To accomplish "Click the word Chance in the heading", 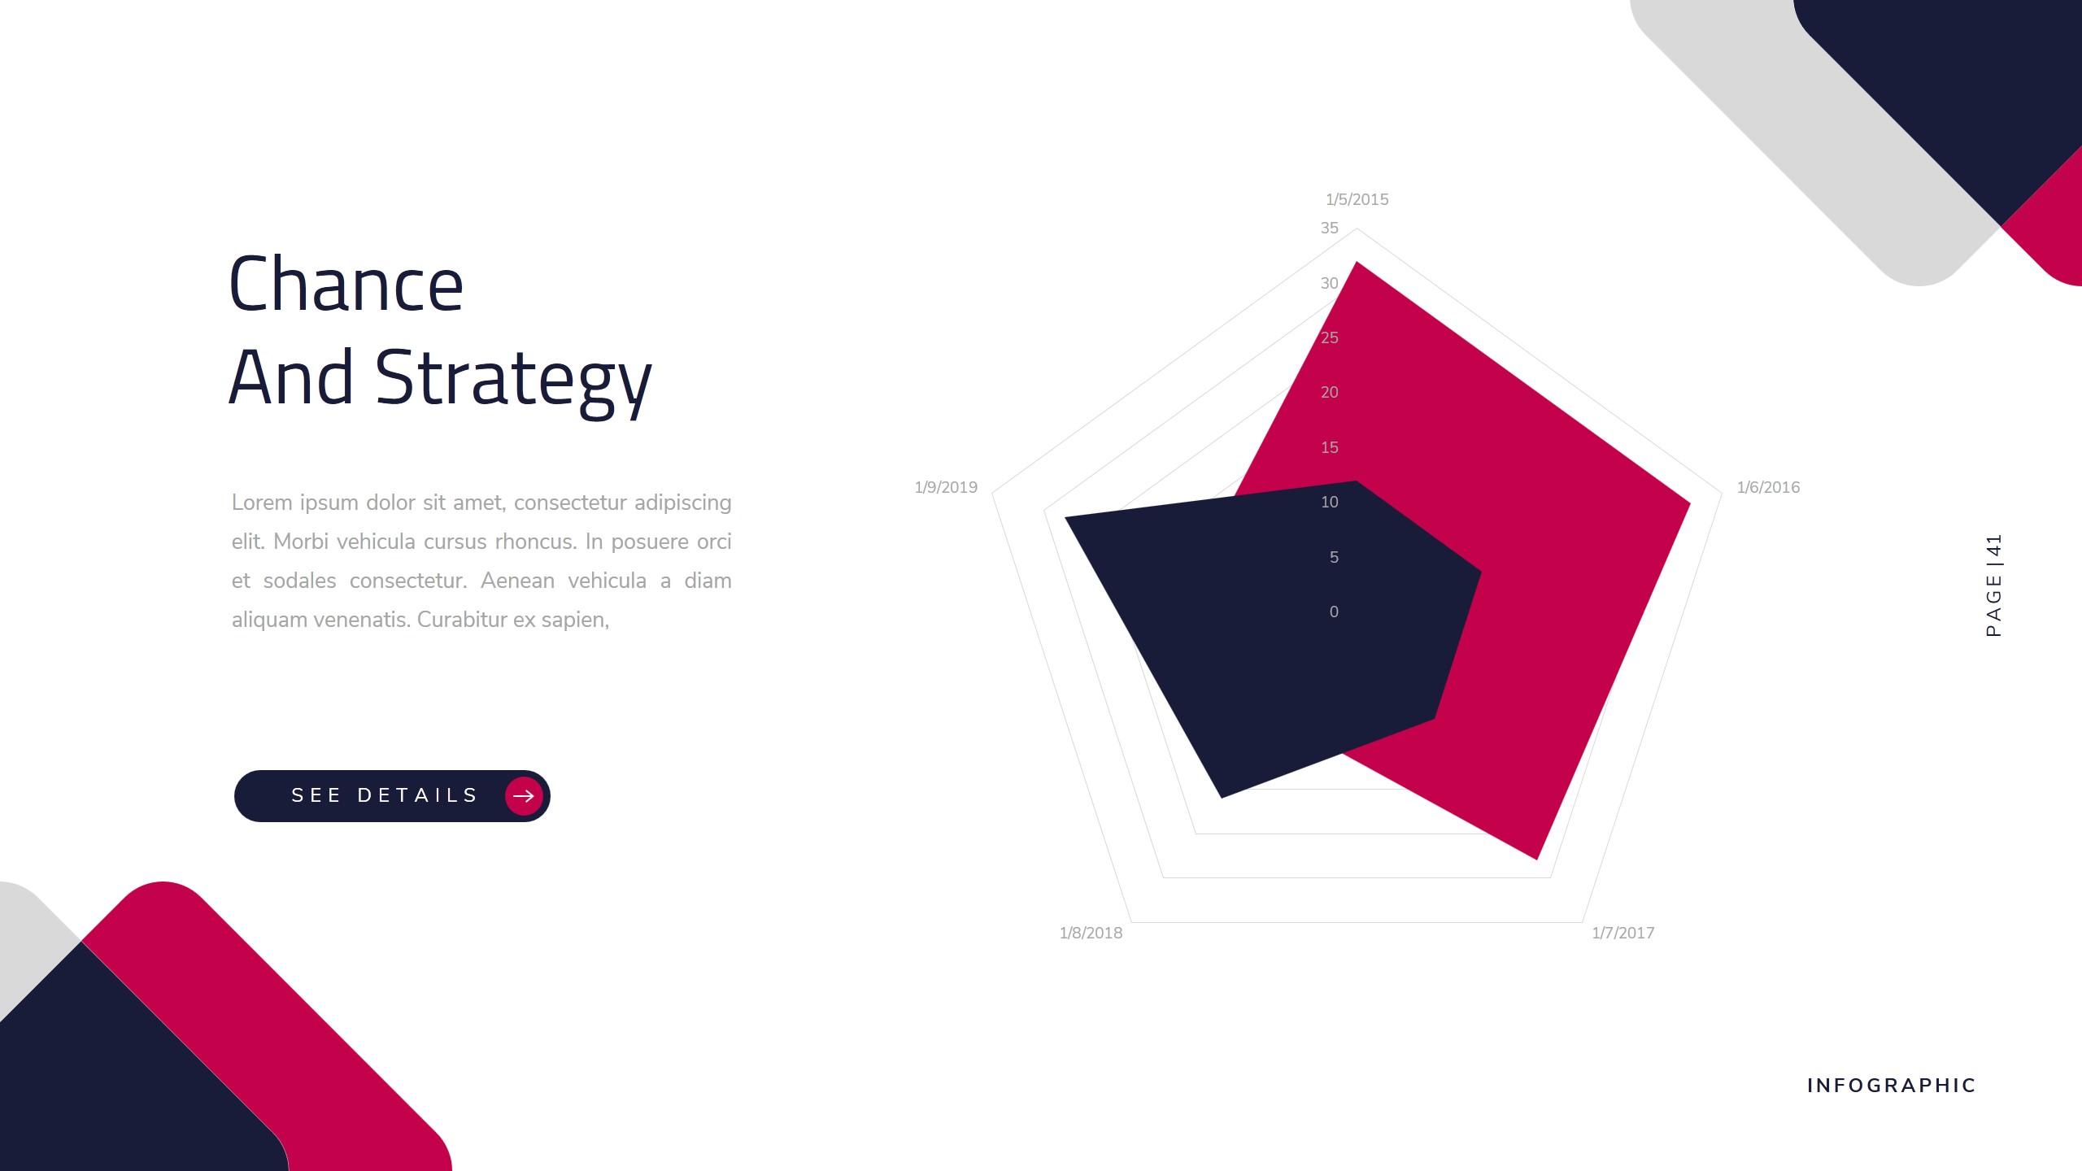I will [346, 284].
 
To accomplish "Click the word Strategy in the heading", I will [512, 379].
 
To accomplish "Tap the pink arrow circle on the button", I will [524, 795].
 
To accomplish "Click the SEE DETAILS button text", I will [385, 795].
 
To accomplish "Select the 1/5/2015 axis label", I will [1357, 199].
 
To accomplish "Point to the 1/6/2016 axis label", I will [1768, 487].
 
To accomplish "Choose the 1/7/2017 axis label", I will [1622, 933].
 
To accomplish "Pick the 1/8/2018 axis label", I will [1091, 933].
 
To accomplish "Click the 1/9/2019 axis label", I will [946, 487].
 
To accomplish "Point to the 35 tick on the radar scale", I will [1329, 228].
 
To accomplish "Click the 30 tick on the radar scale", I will [1329, 283].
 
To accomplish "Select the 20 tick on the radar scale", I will [1329, 392].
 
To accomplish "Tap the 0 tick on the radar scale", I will [1334, 612].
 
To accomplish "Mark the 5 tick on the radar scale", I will [1334, 557].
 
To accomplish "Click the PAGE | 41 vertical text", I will [1993, 585].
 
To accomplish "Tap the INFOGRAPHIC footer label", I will [1891, 1086].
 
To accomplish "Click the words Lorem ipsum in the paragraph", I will [295, 503].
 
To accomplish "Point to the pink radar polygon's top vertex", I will [1356, 264].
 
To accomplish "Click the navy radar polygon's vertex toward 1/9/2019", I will [1068, 518].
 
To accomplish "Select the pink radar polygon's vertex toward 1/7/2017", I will [1535, 856].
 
